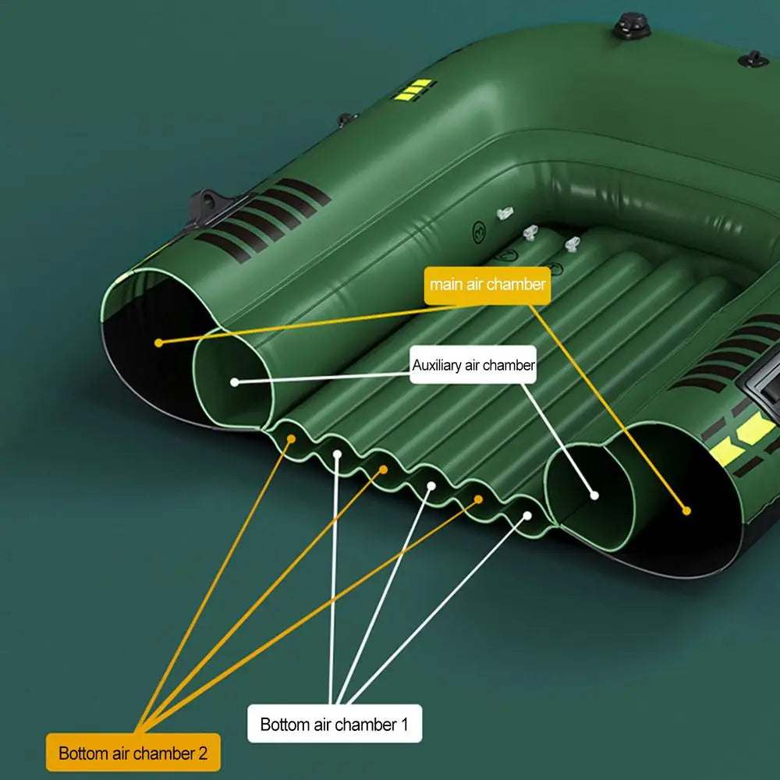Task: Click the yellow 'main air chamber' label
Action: (x=487, y=285)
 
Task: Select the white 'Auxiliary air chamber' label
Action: (x=473, y=365)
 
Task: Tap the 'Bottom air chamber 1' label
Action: (x=335, y=724)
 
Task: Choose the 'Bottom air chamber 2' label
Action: (x=133, y=753)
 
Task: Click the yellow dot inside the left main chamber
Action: (x=158, y=342)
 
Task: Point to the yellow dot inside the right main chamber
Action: (x=686, y=511)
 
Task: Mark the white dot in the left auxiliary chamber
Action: (x=234, y=382)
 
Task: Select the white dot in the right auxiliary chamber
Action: (x=594, y=495)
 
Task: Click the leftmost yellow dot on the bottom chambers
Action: (x=292, y=438)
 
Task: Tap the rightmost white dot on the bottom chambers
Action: (x=527, y=516)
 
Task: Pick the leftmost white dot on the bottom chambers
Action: (x=337, y=454)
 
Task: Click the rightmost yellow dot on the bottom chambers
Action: (x=478, y=499)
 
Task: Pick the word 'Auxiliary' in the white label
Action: (x=437, y=365)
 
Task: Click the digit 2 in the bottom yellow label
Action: (x=202, y=753)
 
